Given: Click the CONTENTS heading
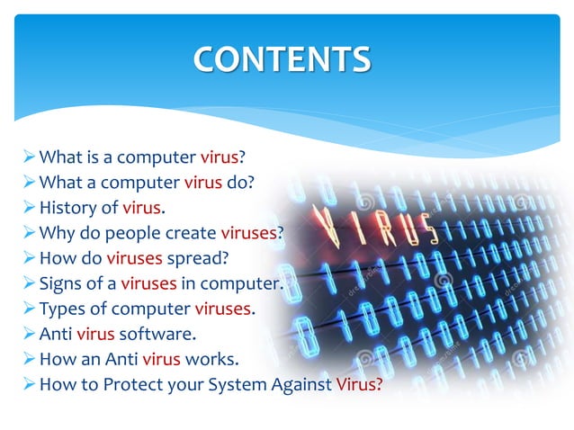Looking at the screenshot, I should point(282,59).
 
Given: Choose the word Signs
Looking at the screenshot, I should point(62,284).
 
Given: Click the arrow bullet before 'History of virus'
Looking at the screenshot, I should point(28,209).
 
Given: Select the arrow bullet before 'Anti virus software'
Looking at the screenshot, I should point(28,335).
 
